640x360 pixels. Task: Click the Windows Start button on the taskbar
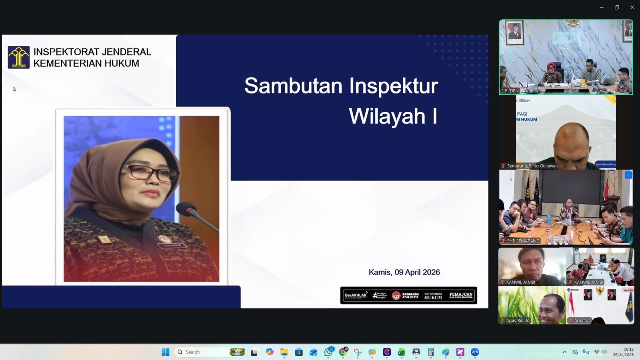tap(165, 352)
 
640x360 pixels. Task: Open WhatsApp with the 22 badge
tap(328, 352)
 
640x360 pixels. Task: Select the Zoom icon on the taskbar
tap(475, 352)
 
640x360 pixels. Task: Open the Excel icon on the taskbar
tap(401, 352)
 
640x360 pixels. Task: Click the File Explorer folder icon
tap(284, 352)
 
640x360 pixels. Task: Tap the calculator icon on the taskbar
tap(431, 352)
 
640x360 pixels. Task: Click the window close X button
tap(632, 7)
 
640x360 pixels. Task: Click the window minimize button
tap(602, 7)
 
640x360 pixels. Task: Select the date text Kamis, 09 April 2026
tap(404, 272)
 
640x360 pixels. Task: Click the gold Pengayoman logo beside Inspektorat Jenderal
tap(18, 57)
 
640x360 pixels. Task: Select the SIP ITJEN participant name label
tap(510, 91)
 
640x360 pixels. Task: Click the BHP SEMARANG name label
tap(523, 241)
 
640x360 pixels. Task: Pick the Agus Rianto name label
tap(518, 320)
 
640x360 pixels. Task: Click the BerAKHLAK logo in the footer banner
tap(356, 295)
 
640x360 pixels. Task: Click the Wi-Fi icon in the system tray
tap(596, 352)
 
